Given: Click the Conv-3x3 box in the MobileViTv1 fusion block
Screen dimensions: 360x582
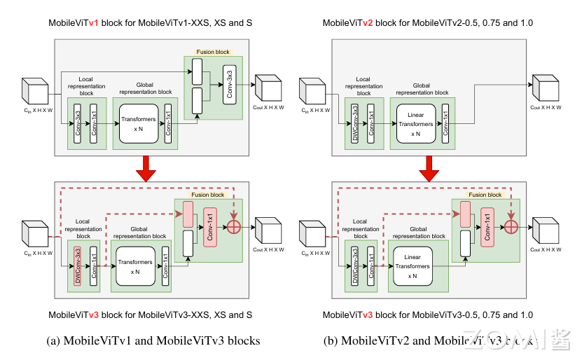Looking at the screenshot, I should [228, 85].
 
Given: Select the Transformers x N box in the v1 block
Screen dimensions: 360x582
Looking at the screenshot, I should [139, 123].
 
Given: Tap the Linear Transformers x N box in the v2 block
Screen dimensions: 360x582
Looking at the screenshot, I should [416, 123].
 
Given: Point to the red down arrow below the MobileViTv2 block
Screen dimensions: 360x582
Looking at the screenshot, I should [427, 167].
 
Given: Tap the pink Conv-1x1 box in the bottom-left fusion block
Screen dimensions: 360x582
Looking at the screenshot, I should [209, 226].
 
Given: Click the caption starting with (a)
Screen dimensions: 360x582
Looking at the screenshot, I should [153, 341].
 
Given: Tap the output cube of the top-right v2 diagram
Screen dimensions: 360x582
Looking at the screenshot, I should [544, 87].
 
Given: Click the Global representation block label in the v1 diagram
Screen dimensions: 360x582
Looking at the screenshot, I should [145, 88].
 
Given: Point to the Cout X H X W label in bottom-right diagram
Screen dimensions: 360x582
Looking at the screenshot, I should [546, 249].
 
